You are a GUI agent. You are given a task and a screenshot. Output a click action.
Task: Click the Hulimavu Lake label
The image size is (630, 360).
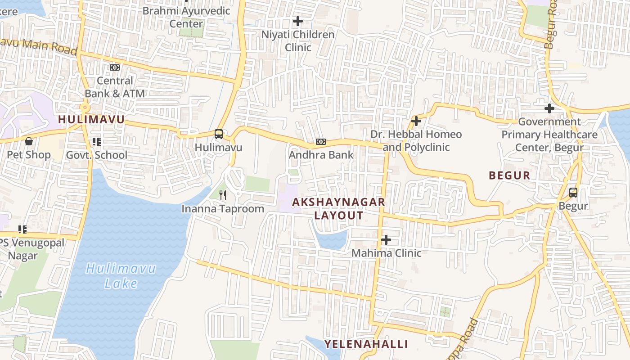[121, 276]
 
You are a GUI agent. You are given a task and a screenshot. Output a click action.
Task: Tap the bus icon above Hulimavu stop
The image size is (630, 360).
[218, 134]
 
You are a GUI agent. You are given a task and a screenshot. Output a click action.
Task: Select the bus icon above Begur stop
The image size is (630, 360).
[573, 193]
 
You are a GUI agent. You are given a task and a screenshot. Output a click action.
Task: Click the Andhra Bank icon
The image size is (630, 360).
[321, 142]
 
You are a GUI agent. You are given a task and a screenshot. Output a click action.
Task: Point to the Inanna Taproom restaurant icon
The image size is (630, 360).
[222, 195]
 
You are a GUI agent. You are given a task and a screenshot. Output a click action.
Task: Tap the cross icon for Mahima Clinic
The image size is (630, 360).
[386, 240]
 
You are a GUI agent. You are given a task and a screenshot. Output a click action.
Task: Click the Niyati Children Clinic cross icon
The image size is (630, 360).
[297, 21]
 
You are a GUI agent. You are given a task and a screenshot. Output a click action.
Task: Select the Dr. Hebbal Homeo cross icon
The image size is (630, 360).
[416, 121]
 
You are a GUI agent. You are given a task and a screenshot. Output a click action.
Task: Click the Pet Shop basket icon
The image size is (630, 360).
[29, 141]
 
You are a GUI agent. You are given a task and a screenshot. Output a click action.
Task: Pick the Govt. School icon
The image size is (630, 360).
[96, 142]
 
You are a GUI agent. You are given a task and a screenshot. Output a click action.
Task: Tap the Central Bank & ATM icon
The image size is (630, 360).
[115, 67]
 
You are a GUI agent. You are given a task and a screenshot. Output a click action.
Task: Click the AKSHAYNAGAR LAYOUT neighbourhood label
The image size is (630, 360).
[338, 209]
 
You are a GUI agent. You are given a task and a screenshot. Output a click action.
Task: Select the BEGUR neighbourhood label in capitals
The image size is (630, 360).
[509, 175]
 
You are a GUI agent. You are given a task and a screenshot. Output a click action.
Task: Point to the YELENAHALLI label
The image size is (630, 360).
[366, 344]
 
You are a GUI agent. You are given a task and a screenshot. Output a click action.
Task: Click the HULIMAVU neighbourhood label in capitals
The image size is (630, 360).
[91, 119]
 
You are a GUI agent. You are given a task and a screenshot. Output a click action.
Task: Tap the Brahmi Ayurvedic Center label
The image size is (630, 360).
[186, 17]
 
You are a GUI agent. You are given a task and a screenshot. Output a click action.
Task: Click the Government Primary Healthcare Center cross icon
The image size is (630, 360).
[549, 108]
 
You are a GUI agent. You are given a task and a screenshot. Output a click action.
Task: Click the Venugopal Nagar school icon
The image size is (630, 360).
[22, 229]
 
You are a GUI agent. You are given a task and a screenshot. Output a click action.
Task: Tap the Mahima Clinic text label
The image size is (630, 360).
[386, 253]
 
